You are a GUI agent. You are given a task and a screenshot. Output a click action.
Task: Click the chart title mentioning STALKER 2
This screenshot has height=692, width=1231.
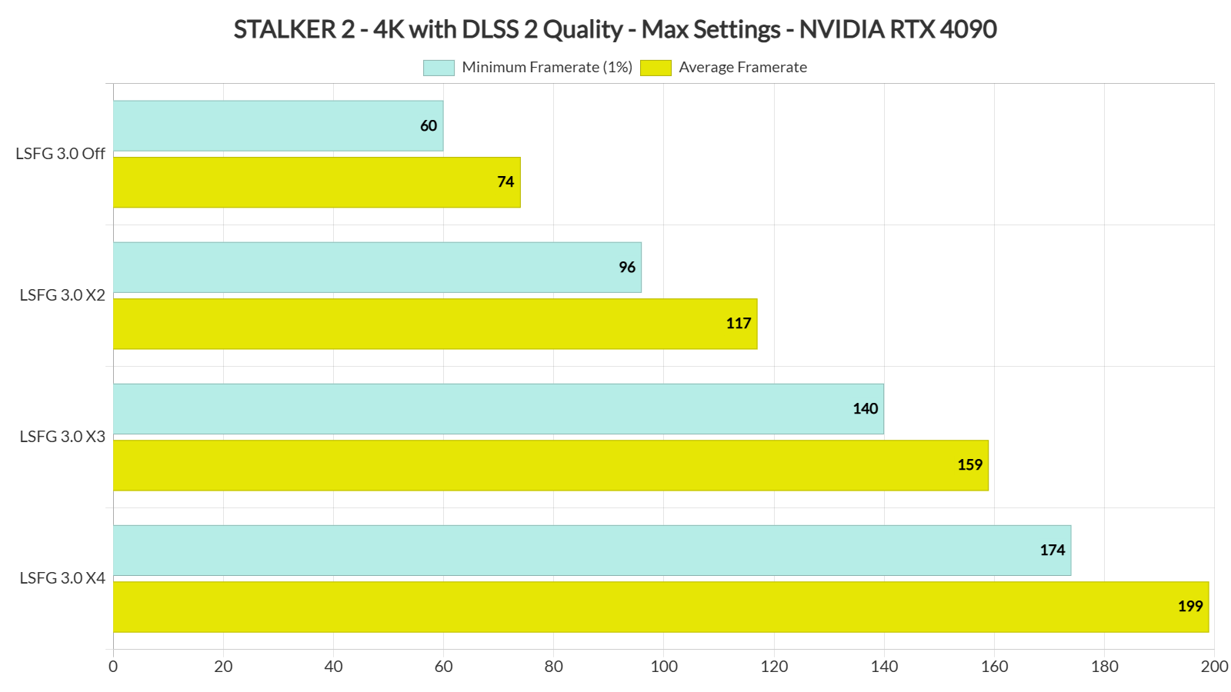coord(615,29)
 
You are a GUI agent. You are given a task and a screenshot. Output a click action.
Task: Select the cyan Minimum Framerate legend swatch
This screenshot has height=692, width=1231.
coord(439,68)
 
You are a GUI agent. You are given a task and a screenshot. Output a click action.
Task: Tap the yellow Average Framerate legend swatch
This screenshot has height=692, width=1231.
coord(656,68)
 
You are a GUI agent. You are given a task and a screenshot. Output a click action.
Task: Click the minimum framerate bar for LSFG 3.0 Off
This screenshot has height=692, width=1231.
coord(278,125)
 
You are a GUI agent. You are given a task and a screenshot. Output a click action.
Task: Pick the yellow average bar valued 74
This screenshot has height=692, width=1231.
coord(316,182)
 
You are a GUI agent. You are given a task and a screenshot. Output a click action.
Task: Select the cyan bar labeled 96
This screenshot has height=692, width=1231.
coord(377,268)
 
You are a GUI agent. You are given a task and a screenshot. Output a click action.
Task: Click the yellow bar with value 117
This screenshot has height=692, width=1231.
coord(435,324)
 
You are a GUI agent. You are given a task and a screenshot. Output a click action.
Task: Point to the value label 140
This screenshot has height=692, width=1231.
coord(865,409)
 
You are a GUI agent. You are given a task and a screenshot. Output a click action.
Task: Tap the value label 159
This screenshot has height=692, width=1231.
coord(969,465)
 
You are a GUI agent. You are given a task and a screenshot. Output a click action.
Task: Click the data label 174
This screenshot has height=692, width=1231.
coord(1052,551)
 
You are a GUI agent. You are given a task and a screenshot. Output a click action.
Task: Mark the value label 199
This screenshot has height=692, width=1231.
coord(1189,607)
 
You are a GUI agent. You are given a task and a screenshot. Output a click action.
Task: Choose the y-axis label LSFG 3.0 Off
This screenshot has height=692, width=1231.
coord(60,154)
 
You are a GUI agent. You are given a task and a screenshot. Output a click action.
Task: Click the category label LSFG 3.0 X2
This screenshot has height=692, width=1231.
coord(62,295)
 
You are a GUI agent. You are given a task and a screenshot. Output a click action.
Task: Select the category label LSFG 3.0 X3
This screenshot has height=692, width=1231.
coord(62,437)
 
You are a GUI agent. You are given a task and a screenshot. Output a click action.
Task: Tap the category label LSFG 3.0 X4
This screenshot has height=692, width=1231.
coord(62,578)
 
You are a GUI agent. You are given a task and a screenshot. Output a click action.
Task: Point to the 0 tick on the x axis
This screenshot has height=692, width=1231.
coord(113,667)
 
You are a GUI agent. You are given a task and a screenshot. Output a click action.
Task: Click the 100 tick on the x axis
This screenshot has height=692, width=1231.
coord(664,667)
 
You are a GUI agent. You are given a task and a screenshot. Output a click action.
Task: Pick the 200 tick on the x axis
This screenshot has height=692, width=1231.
coord(1214,667)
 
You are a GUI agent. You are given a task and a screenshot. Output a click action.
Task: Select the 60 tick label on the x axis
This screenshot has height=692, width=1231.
coord(444,667)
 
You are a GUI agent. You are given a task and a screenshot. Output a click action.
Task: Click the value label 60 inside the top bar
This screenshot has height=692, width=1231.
coord(429,126)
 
